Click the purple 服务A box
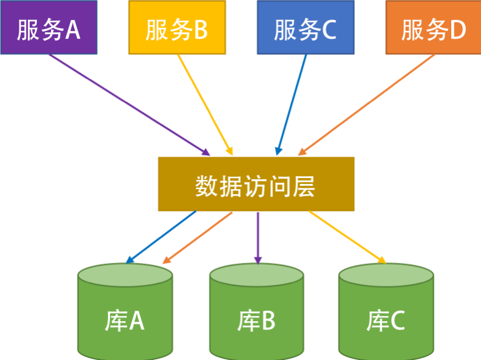click(49, 27)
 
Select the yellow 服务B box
click(177, 27)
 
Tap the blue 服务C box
click(305, 27)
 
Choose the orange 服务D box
click(433, 27)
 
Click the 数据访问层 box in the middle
click(256, 185)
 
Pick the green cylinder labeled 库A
click(125, 311)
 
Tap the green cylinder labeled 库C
click(386, 311)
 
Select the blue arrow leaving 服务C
click(291, 104)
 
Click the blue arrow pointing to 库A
click(161, 237)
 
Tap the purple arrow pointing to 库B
click(258, 236)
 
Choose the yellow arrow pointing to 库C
click(346, 237)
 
